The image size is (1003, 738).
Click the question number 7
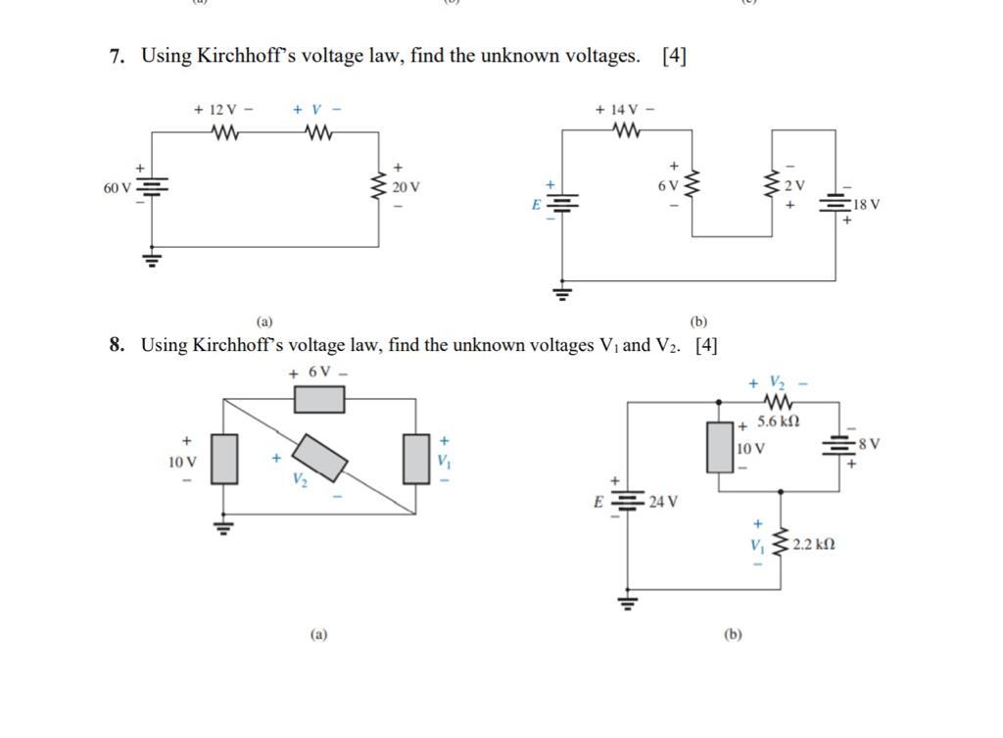118,57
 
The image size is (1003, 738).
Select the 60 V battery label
117,187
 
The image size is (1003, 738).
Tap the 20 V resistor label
406,187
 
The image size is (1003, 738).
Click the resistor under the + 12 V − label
223,131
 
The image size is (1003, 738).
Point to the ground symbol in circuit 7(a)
152,260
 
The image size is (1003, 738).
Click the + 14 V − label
625,110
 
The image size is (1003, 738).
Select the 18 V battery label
866,205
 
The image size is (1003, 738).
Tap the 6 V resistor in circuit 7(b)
693,184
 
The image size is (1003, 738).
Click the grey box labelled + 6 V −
319,399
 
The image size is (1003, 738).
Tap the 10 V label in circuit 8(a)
183,462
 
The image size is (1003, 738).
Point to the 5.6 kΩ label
779,421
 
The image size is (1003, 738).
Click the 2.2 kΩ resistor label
814,544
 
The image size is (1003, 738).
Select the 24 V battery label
663,502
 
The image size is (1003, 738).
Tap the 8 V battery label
869,444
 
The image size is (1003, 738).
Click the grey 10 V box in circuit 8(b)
720,447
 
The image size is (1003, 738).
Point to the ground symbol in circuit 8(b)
628,601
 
